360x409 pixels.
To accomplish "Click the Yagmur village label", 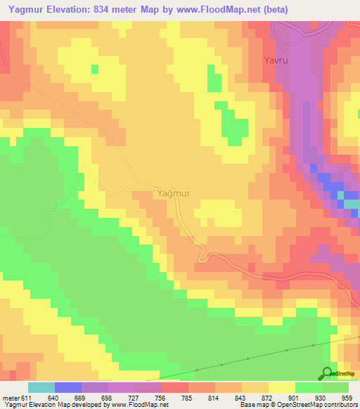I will coord(172,193).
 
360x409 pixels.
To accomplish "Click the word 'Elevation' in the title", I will coord(71,10).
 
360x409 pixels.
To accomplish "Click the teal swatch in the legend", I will coord(41,388).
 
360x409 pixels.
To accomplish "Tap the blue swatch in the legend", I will coord(68,388).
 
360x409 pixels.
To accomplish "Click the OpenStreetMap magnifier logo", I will coord(327,372).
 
